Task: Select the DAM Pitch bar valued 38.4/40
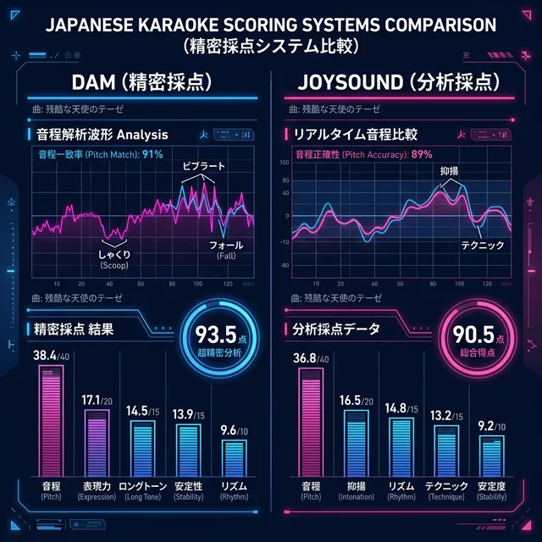pos(52,419)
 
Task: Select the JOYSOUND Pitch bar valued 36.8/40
pos(312,421)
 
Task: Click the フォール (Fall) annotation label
pos(226,250)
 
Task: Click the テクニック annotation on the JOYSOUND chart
pos(482,245)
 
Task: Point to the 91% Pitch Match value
pos(152,154)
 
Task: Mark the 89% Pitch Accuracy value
pos(420,154)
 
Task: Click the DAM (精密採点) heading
pos(139,84)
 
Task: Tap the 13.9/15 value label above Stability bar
pos(188,415)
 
